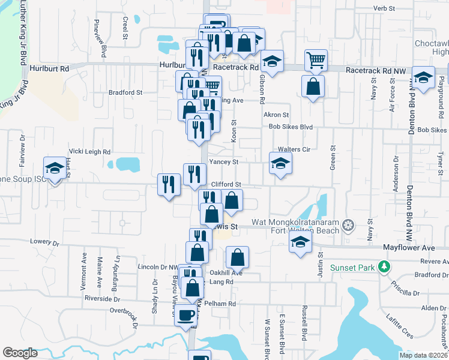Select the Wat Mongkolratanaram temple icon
[347, 226]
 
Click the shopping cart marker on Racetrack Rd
[316, 60]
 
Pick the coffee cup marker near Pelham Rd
[186, 314]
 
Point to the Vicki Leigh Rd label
[90, 152]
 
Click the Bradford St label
[125, 92]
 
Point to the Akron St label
[276, 115]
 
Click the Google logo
[20, 353]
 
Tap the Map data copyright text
[423, 355]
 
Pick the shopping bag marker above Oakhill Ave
[238, 257]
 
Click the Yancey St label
[224, 161]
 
